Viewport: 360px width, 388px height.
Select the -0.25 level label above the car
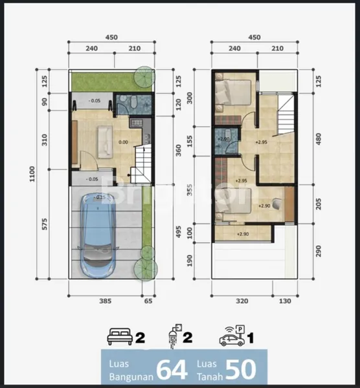pos(100,197)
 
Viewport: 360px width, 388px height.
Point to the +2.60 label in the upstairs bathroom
pos(225,138)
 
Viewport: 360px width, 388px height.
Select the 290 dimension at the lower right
pos(317,248)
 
